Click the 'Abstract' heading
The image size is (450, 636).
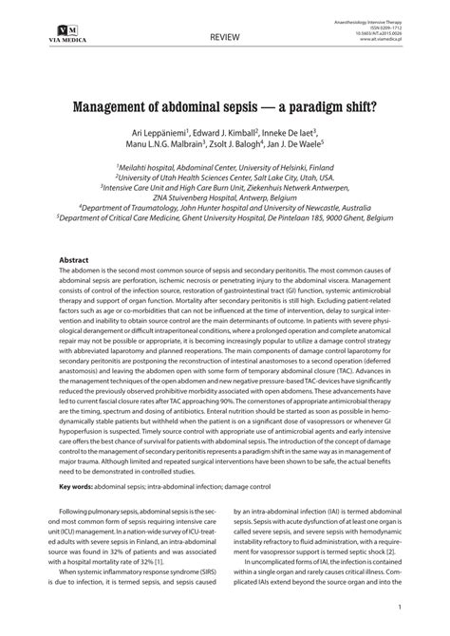pyautogui.click(x=74, y=260)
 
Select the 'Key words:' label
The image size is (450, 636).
pyautogui.click(x=76, y=487)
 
